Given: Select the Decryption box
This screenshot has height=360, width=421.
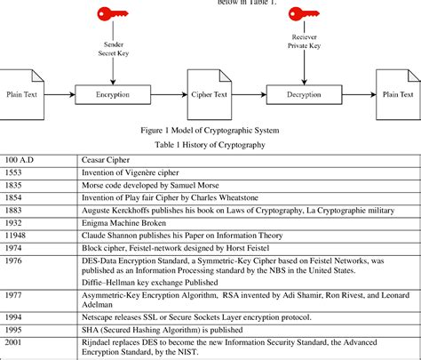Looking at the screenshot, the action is click(306, 92).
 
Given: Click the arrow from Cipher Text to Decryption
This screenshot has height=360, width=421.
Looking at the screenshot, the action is click(251, 92).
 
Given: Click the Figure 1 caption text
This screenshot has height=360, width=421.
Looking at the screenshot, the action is click(210, 129).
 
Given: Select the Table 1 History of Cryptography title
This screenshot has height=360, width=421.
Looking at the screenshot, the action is click(210, 143).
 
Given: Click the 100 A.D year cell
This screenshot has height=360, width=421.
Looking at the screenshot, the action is click(19, 158).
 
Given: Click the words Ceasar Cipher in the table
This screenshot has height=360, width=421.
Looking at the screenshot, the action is click(112, 158).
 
